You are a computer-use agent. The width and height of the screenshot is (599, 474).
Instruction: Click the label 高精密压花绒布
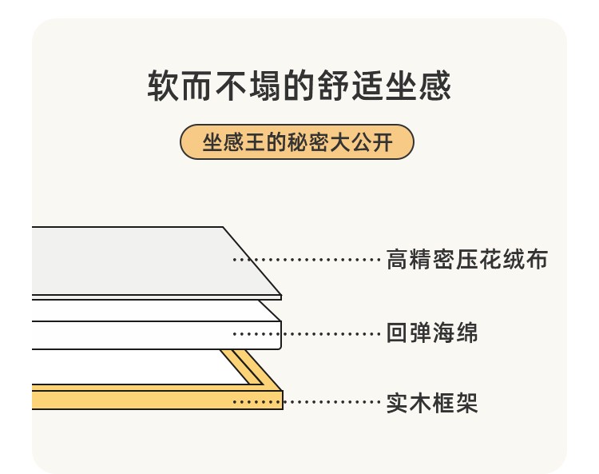click(x=467, y=259)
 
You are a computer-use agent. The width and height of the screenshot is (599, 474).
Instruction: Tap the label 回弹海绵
click(x=432, y=333)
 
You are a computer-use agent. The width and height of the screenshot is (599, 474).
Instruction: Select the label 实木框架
click(x=432, y=403)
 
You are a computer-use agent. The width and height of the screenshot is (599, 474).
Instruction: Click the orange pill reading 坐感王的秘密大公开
click(x=297, y=141)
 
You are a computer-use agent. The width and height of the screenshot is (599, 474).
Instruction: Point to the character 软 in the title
click(x=163, y=86)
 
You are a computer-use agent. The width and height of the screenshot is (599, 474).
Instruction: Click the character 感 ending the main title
click(x=435, y=86)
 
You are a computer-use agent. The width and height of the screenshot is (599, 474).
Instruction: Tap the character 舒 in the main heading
click(x=333, y=86)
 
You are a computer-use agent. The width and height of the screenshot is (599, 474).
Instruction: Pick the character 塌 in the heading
click(x=265, y=86)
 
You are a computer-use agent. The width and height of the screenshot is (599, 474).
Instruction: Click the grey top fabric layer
click(x=145, y=261)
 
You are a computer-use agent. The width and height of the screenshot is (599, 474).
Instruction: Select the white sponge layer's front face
click(x=157, y=335)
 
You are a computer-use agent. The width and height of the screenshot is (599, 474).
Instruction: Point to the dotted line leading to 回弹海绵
click(x=307, y=333)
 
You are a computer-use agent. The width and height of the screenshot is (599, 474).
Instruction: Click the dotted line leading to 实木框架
click(x=307, y=402)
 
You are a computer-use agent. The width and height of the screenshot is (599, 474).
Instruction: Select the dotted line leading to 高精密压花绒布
click(x=307, y=260)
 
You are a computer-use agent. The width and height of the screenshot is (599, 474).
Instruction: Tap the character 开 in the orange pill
click(x=383, y=142)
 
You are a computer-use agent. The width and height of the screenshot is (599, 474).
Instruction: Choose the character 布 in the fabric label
click(x=538, y=259)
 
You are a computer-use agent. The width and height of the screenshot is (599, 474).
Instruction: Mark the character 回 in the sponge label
click(x=397, y=333)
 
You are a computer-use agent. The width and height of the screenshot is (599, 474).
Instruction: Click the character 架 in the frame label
click(x=467, y=403)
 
